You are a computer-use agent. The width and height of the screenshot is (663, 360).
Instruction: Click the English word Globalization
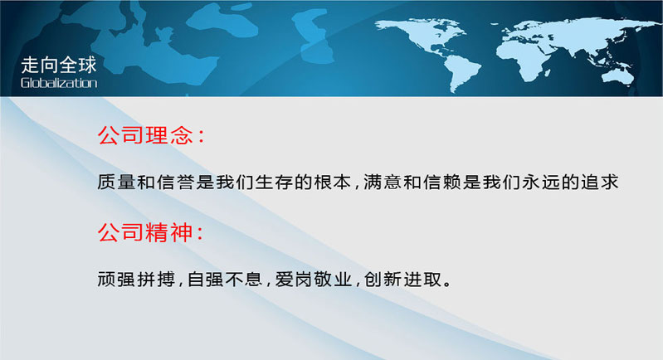[x=59, y=82]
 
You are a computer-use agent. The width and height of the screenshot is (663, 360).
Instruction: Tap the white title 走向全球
[x=59, y=65]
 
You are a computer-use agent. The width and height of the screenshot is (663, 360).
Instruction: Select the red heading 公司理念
[x=145, y=135]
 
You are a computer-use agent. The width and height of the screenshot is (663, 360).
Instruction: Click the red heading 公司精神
[x=145, y=232]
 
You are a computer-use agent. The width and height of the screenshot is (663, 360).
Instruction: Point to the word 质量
[x=116, y=182]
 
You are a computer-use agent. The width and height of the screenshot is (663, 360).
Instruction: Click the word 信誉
[x=175, y=182]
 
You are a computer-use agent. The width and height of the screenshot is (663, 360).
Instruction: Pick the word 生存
[x=274, y=182]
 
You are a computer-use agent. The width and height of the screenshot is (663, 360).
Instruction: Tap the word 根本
[x=333, y=182]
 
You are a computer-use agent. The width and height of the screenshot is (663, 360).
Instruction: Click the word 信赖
[x=441, y=182]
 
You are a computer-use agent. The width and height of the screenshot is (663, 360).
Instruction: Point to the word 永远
[x=540, y=182]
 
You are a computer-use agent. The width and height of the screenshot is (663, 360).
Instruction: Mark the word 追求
[x=599, y=182]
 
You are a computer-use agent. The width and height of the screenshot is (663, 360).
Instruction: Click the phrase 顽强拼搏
[x=136, y=279]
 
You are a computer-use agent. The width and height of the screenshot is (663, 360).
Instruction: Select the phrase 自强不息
[x=225, y=279]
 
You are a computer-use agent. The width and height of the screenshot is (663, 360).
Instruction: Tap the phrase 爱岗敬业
[x=314, y=279]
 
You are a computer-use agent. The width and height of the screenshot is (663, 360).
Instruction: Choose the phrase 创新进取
[x=402, y=279]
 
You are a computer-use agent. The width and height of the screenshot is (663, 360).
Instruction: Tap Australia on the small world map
[x=618, y=76]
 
